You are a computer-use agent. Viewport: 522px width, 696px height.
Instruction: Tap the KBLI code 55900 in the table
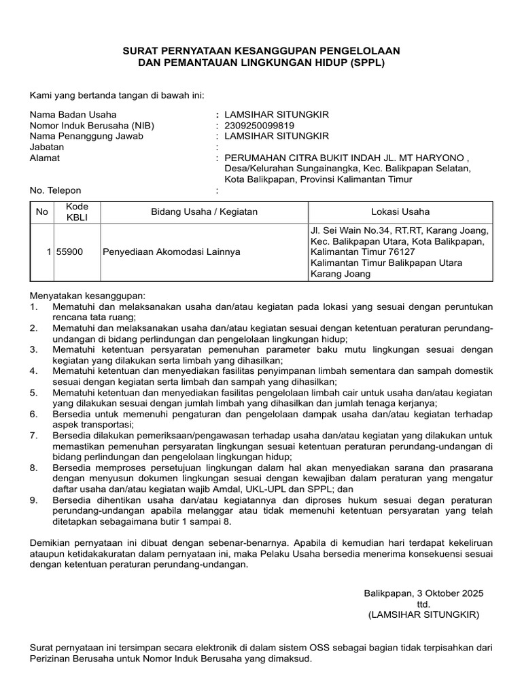point(71,251)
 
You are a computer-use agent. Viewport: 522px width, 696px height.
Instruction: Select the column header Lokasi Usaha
point(400,211)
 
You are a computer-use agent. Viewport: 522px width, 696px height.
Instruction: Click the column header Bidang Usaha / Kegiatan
point(204,211)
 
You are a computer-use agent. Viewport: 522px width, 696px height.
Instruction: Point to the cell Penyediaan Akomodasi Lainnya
point(171,251)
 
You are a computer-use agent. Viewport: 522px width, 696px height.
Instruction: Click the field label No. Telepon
point(56,190)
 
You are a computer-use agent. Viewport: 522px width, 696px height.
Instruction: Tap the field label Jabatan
point(46,147)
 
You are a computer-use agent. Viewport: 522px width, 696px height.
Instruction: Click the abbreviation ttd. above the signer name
point(423,604)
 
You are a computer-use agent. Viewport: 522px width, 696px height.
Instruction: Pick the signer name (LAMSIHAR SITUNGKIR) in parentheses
point(423,614)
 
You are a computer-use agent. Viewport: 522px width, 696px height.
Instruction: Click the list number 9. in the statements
point(33,500)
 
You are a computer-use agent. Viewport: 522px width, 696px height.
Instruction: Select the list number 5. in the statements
point(33,393)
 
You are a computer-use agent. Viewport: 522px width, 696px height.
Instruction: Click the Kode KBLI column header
point(72,211)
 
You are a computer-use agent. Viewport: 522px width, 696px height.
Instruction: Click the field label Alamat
point(44,158)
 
